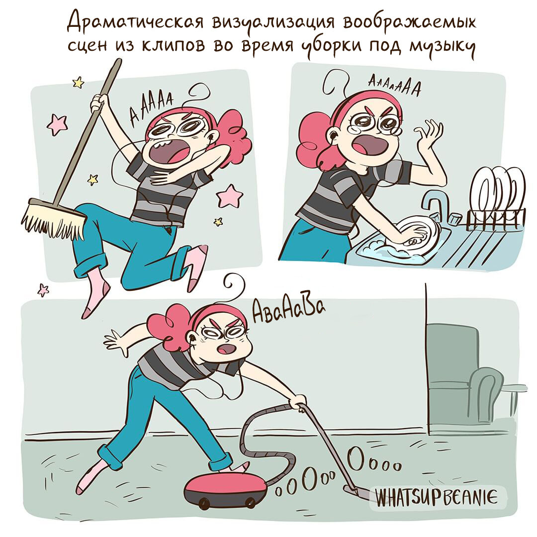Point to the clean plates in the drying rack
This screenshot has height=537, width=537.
click(497, 191)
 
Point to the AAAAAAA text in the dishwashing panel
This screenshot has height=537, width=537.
click(393, 88)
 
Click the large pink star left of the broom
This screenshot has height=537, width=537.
click(57, 124)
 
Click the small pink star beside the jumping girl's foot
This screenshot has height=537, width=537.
click(44, 290)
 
